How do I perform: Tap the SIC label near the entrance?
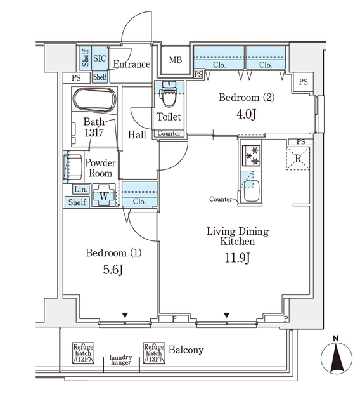pos(100,58)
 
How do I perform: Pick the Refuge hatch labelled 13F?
pos(153,352)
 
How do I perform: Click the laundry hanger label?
pos(120,360)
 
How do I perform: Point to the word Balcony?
pos(186,350)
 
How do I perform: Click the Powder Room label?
pos(100,168)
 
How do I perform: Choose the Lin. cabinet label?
pos(80,190)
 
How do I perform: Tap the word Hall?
pos(137,135)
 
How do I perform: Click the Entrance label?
pos(131,64)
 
